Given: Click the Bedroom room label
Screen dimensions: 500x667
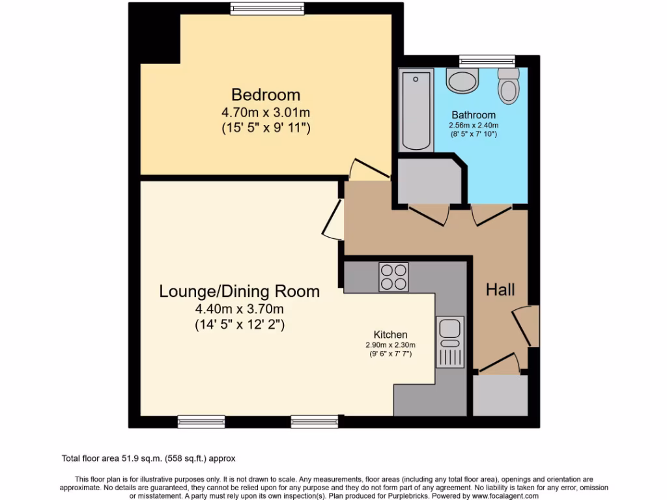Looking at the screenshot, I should tap(266, 95).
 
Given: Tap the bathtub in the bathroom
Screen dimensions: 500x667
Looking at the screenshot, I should tap(416, 110).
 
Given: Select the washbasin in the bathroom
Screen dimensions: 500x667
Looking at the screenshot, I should tap(462, 83).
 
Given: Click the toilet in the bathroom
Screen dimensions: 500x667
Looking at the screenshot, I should tap(508, 86).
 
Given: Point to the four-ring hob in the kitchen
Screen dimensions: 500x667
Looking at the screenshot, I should tap(393, 277).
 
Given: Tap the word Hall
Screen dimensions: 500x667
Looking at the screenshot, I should tap(500, 290).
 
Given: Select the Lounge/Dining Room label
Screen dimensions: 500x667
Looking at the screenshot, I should tap(239, 291).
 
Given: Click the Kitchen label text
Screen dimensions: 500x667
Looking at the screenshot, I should tap(390, 334).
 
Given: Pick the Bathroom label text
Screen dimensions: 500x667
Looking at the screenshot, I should tap(474, 115).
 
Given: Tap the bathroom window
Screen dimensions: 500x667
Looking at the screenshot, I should tap(477, 62).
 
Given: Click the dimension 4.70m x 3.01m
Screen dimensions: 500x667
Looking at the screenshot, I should tap(266, 112).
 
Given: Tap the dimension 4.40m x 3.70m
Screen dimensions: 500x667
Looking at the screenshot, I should tap(239, 309).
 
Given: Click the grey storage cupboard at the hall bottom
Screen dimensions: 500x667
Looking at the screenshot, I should tap(500, 395).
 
